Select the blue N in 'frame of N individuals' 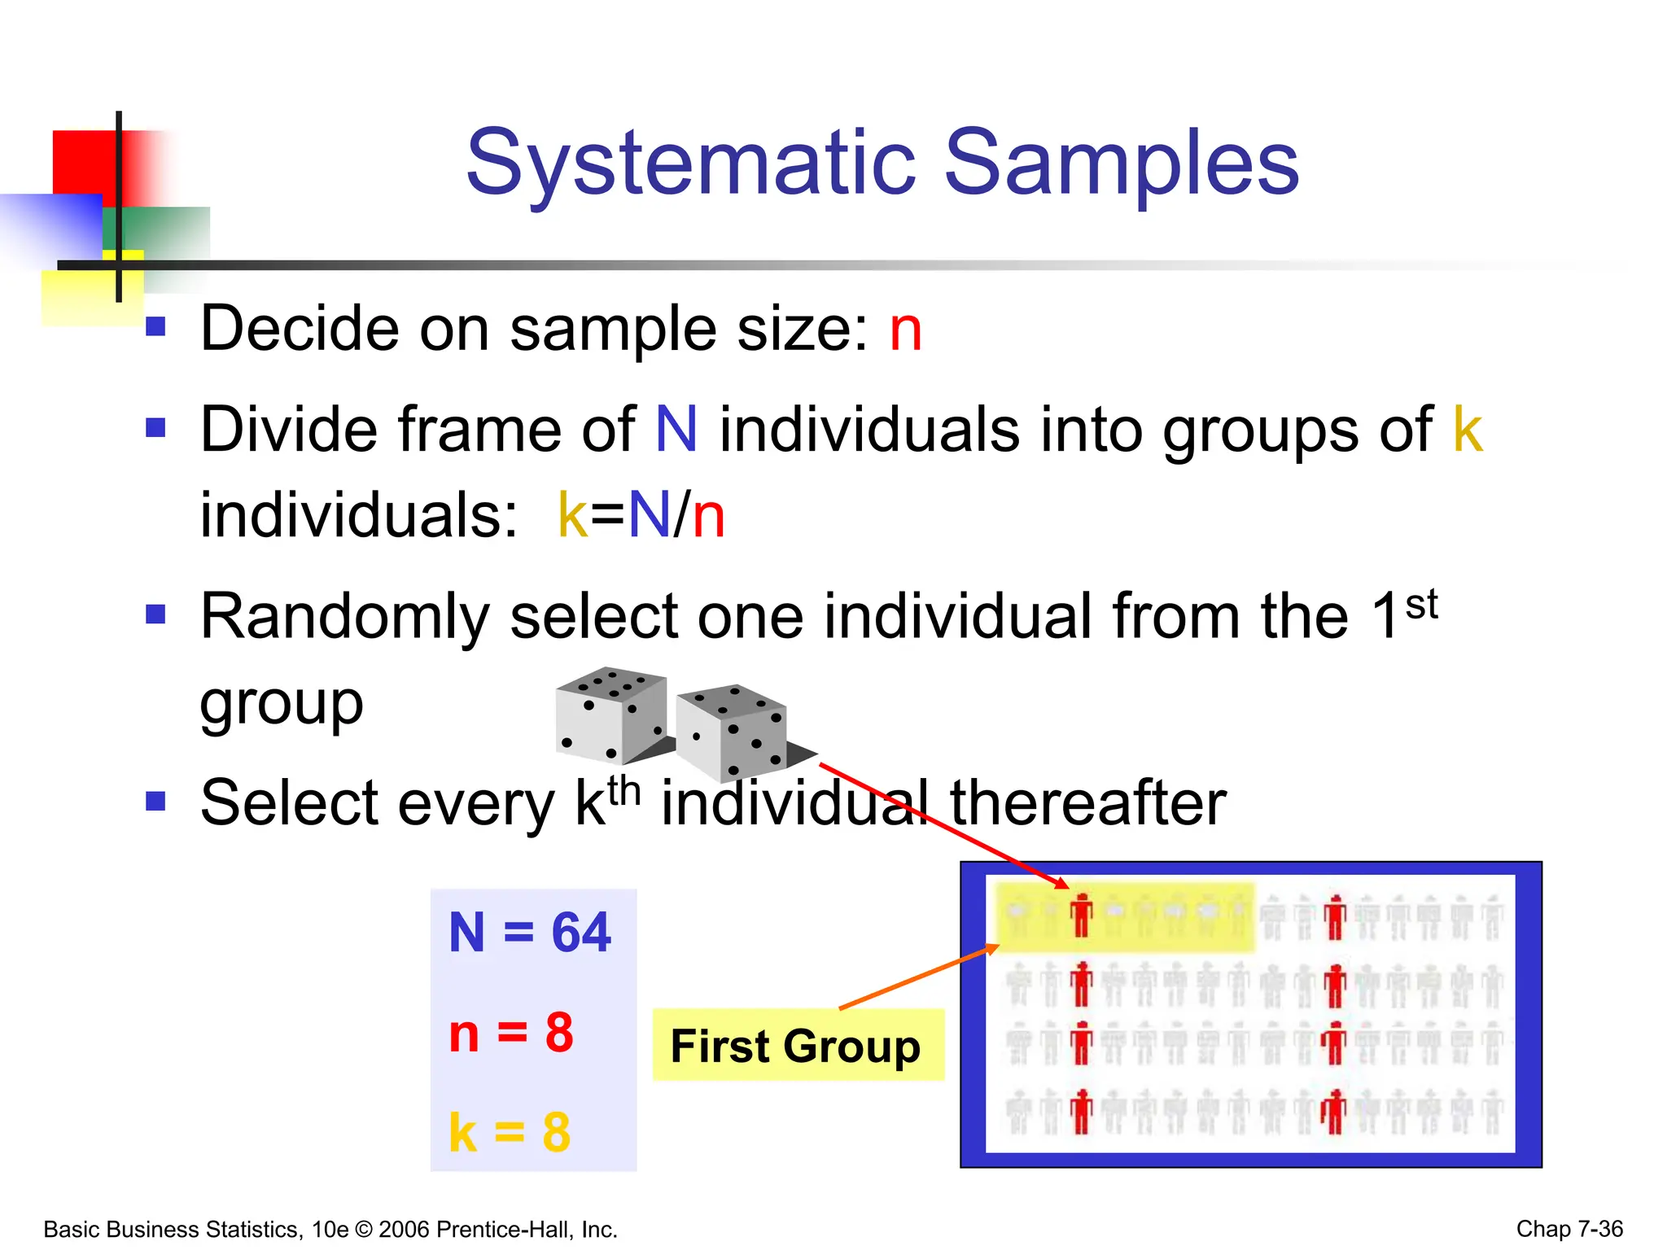(676, 430)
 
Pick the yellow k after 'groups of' (1468, 430)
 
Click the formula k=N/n (641, 516)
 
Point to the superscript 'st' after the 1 (1421, 605)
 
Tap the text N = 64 (529, 932)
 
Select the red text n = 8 (511, 1034)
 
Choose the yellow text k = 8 (510, 1132)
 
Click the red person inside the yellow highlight (1081, 916)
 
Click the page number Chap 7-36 (1569, 1229)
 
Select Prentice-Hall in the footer (505, 1230)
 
